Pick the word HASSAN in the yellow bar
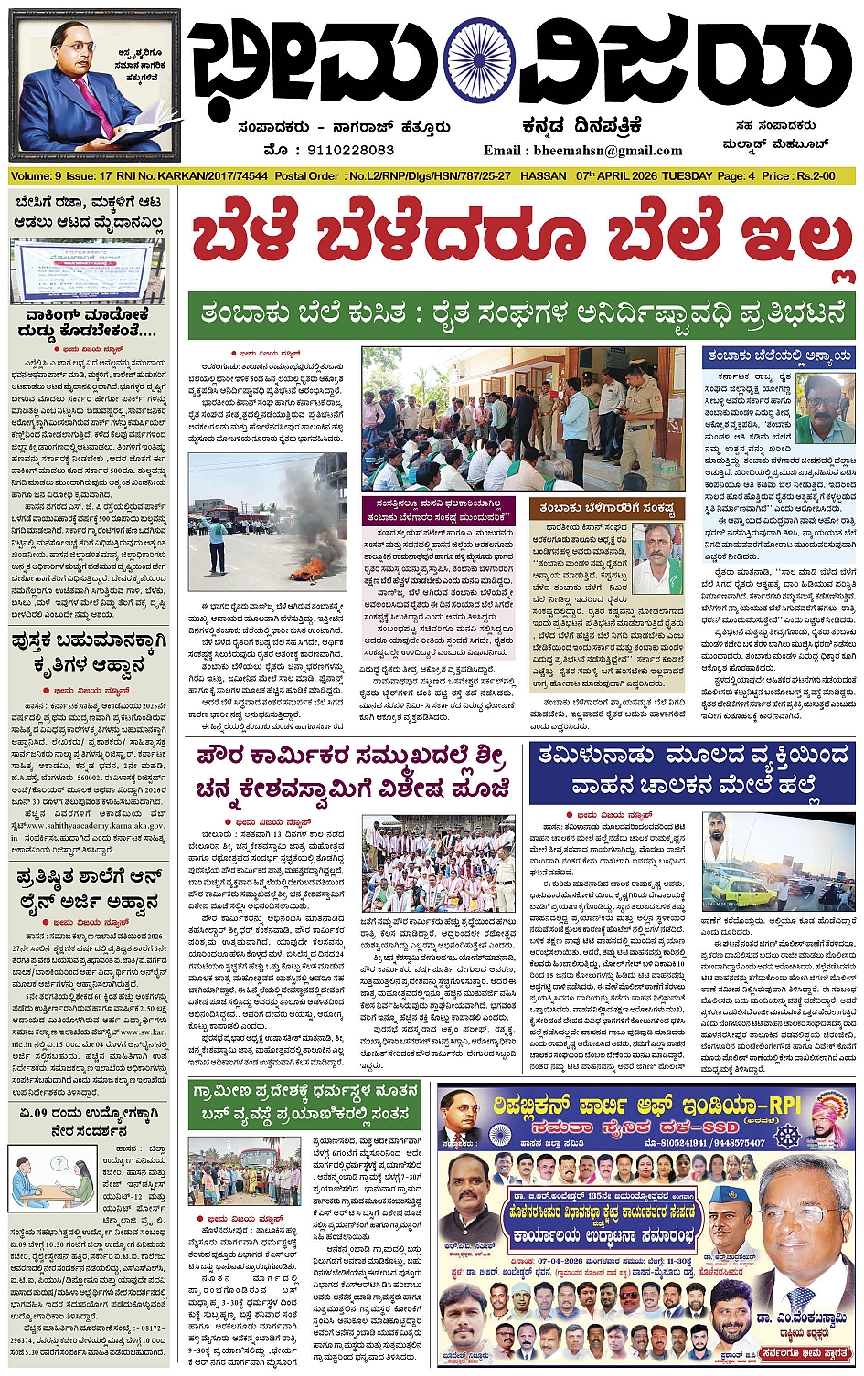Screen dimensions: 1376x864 coord(542,175)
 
